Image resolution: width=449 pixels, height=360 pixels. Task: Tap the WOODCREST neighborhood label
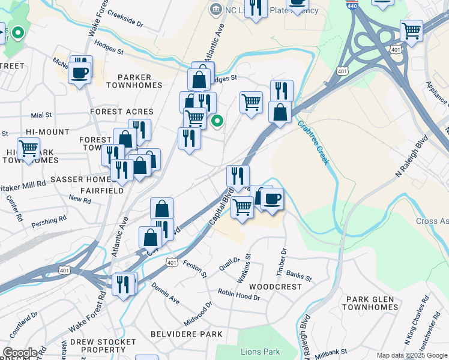(275, 287)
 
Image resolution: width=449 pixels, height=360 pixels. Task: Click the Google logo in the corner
(20, 353)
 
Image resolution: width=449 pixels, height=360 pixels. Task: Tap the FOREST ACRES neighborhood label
(122, 112)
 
